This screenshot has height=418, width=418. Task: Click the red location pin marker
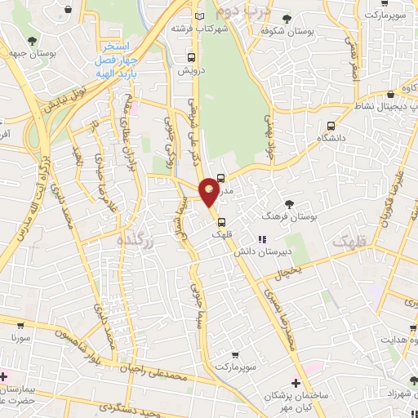209,191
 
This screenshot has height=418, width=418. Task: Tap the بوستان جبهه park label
56,51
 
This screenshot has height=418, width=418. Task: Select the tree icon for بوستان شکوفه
285,18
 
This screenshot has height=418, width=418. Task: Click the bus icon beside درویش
191,57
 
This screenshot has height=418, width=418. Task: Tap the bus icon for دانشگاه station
331,126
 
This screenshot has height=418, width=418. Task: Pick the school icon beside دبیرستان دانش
262,239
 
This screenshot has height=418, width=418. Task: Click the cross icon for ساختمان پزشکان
296,383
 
